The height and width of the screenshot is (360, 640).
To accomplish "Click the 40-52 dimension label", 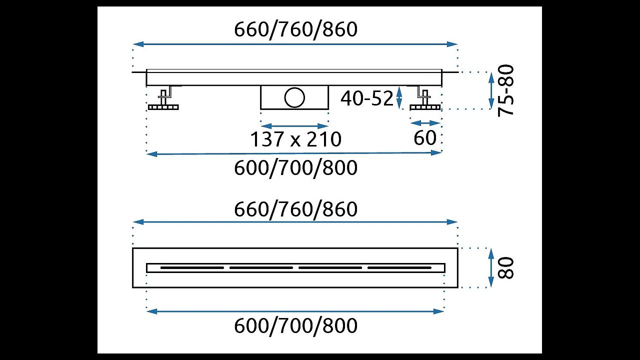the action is point(367,98).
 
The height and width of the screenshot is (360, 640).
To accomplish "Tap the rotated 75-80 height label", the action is point(505,90).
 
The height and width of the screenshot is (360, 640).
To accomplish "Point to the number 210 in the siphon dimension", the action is point(324,139).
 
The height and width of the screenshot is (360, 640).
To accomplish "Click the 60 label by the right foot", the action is point(425,137).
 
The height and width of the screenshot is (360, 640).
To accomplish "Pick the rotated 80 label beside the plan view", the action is point(505,267).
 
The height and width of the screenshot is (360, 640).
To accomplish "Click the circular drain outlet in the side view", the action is point(294,97).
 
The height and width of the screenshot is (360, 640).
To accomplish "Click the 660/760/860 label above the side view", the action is point(295,29).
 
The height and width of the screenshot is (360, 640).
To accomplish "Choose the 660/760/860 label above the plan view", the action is point(295,209).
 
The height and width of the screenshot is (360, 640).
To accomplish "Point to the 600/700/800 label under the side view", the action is point(295,167).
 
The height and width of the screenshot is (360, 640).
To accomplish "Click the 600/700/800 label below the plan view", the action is point(295,325).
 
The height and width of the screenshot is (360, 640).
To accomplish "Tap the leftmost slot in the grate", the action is point(192,267).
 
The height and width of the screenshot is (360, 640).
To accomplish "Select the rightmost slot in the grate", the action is point(399,267).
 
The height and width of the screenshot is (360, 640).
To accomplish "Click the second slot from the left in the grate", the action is point(261,267).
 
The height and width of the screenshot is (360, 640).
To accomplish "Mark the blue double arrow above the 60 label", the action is point(425,123).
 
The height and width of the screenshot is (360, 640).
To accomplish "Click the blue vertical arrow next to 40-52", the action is point(399,97).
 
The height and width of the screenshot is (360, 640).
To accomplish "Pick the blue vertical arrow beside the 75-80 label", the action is point(491,90).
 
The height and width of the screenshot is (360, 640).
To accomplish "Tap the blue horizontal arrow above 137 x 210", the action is point(294,126).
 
